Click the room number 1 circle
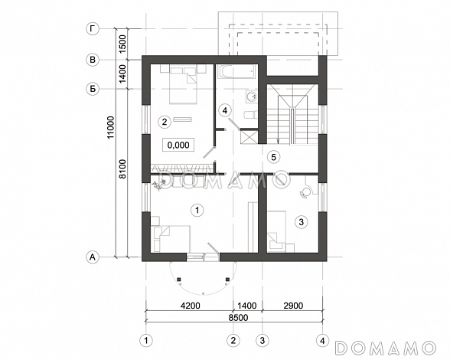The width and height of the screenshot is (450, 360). pyautogui.click(x=197, y=211)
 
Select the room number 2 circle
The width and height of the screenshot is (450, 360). pyautogui.click(x=165, y=122)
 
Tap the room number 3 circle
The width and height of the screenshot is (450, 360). pyautogui.click(x=302, y=222)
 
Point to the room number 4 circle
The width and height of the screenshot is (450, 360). pyautogui.click(x=225, y=110)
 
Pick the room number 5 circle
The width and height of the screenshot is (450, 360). pyautogui.click(x=273, y=157)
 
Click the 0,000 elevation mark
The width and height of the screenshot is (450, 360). pyautogui.click(x=178, y=145)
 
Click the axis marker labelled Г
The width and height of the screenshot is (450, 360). pyautogui.click(x=93, y=29)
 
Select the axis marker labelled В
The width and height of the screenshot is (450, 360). pyautogui.click(x=93, y=60)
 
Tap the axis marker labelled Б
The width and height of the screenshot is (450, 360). pyautogui.click(x=93, y=89)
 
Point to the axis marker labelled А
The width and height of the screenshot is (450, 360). pyautogui.click(x=93, y=257)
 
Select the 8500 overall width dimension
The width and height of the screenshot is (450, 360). pyautogui.click(x=238, y=317)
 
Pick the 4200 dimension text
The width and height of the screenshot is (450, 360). pyautogui.click(x=190, y=306)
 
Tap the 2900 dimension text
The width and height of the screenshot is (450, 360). pyautogui.click(x=293, y=306)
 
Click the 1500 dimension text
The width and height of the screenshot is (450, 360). pyautogui.click(x=122, y=44)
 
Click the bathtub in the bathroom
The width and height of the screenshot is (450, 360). pyautogui.click(x=236, y=72)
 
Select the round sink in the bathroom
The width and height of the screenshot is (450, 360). pyautogui.click(x=252, y=97)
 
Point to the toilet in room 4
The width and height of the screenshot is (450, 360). pyautogui.click(x=250, y=115)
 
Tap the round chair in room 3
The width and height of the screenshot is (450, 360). pyautogui.click(x=305, y=192)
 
